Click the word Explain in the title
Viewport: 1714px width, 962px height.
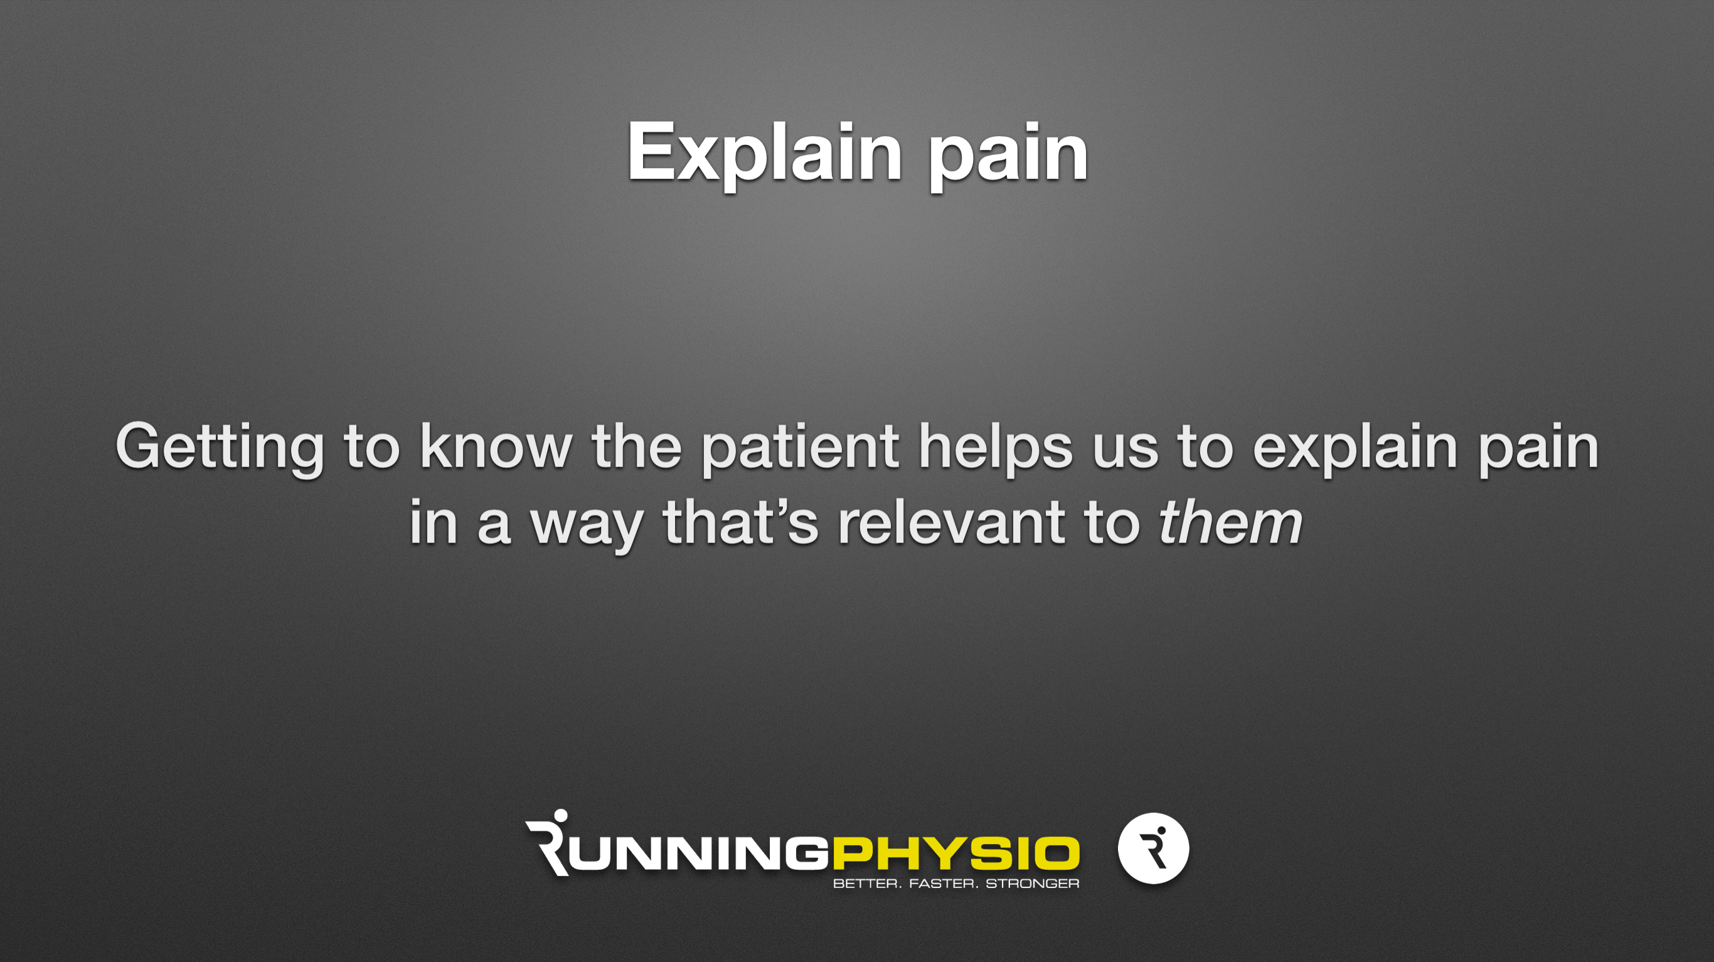coord(765,155)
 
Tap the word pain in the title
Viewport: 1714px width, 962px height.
coord(1008,157)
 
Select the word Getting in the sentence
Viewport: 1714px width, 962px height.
coord(220,449)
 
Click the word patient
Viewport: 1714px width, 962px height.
coord(801,449)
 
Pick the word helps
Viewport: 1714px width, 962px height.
coord(996,449)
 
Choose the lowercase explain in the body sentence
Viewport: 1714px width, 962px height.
coord(1356,449)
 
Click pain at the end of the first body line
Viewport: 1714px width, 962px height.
coord(1538,449)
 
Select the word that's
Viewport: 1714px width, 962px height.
coord(740,522)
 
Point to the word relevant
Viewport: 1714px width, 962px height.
coord(952,522)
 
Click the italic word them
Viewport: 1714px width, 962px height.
coord(1230,522)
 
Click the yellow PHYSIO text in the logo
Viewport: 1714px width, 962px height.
coord(955,854)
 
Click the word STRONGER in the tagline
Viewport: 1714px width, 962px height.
coord(1032,884)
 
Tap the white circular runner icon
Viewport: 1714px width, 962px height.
coord(1153,848)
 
